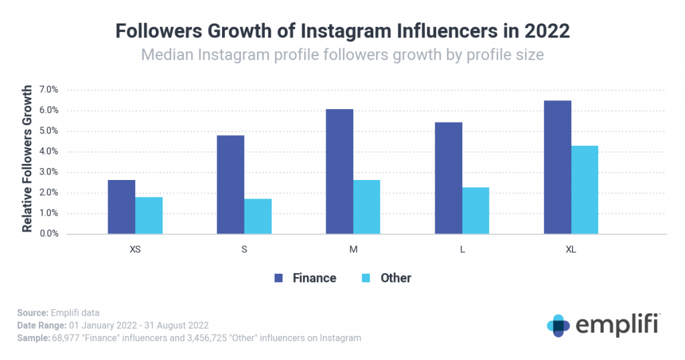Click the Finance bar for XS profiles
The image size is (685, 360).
[121, 207]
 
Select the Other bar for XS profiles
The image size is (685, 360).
[149, 215]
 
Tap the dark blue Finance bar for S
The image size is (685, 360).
[231, 185]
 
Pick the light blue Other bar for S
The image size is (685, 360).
[258, 216]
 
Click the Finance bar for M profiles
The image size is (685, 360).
[340, 171]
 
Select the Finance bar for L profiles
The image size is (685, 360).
[448, 178]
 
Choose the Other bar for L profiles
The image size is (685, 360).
[476, 211]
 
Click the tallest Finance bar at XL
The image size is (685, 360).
[557, 167]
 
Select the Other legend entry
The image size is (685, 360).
[387, 278]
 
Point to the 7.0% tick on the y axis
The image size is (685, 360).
[48, 90]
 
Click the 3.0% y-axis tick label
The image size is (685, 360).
[48, 172]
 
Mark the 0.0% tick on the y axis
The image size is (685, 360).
[48, 234]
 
